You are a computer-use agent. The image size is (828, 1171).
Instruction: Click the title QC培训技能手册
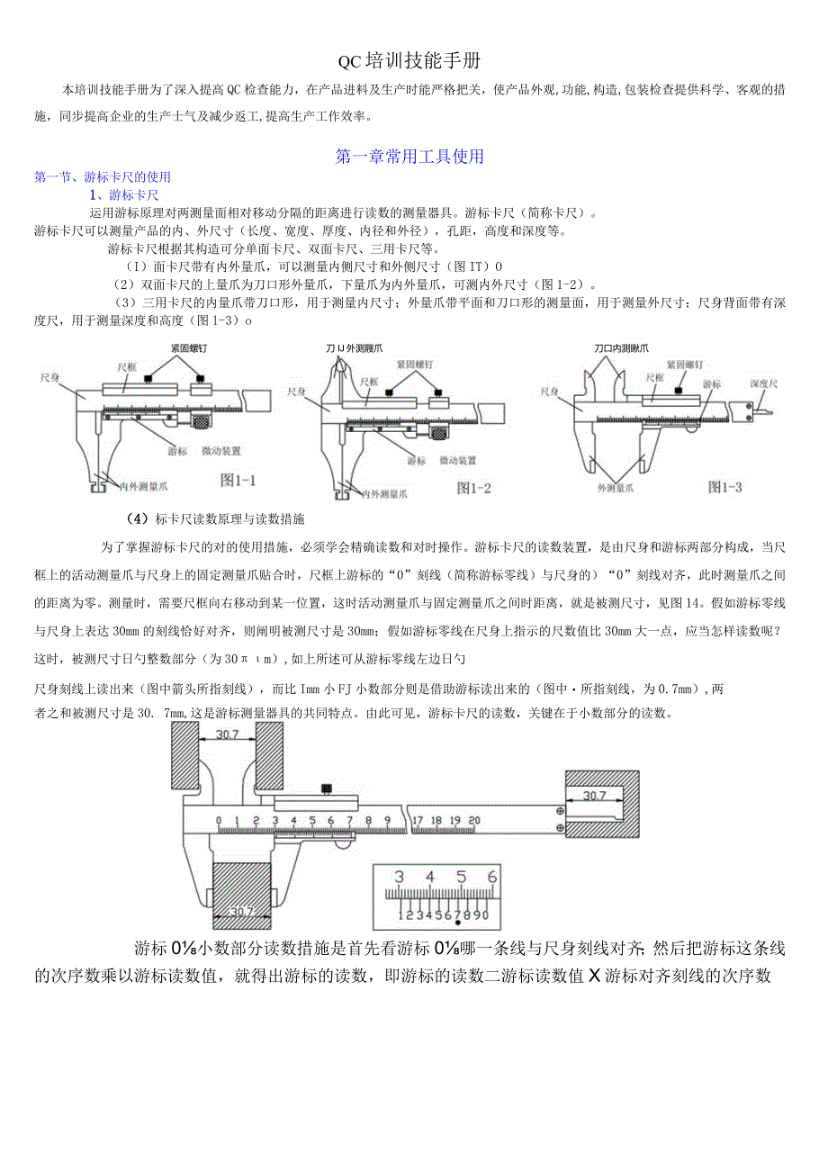(409, 61)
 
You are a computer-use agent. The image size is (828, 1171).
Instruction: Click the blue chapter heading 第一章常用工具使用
(409, 157)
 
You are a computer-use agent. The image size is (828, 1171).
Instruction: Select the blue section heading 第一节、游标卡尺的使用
(102, 177)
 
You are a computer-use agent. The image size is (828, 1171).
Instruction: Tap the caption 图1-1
(238, 481)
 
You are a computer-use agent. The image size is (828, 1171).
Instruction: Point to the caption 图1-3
(724, 487)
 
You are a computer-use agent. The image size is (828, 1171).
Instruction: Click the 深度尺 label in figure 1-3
(764, 383)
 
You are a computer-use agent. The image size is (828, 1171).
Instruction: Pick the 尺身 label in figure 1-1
(50, 378)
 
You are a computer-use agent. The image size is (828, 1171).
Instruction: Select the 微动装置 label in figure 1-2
(457, 461)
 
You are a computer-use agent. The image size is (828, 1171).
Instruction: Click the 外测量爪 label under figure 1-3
(616, 487)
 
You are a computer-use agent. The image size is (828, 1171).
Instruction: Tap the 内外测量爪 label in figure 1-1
(145, 486)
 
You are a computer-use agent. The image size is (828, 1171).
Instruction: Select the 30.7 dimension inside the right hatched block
(594, 796)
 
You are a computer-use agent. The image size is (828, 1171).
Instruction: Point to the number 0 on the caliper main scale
(219, 820)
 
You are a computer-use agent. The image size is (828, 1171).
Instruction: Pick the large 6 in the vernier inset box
(491, 877)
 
